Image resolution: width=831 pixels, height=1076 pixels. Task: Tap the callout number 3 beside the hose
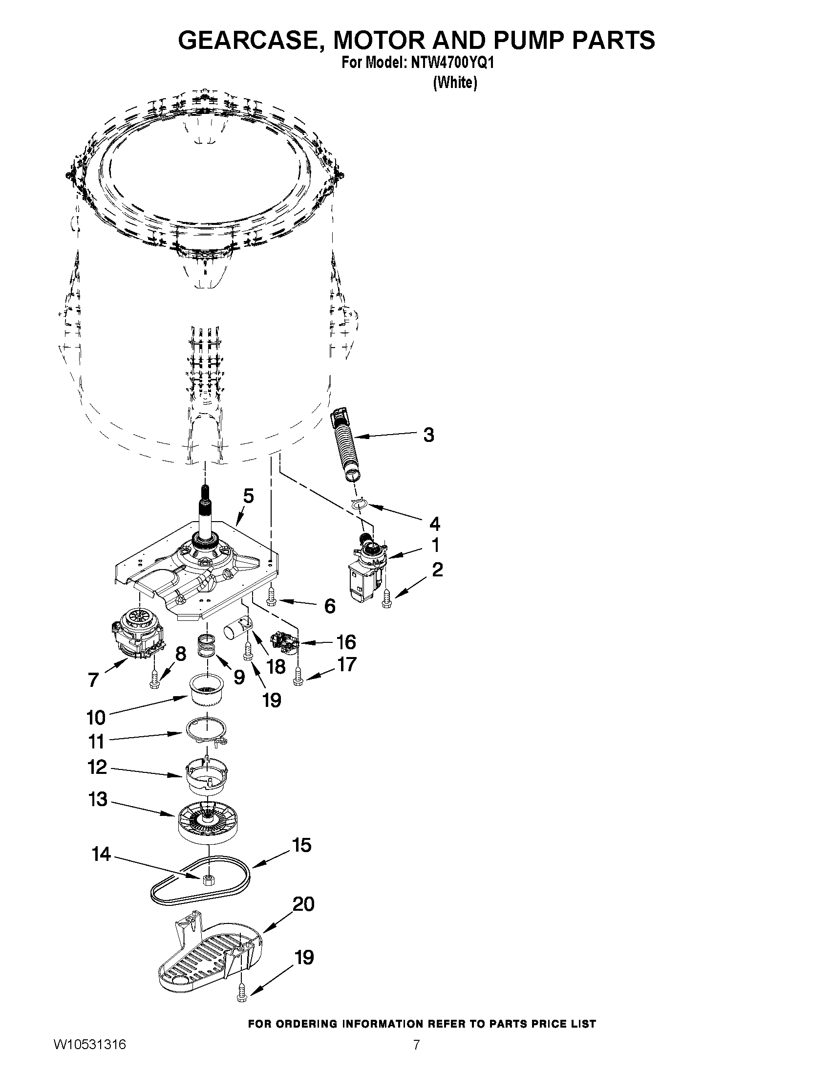pos(429,435)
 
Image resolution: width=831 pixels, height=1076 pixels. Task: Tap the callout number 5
pos(249,496)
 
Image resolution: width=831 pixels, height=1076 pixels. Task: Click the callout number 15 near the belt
pos(302,845)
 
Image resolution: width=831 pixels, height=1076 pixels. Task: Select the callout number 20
pos(303,904)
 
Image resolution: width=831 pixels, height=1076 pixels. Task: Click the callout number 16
pos(345,642)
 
